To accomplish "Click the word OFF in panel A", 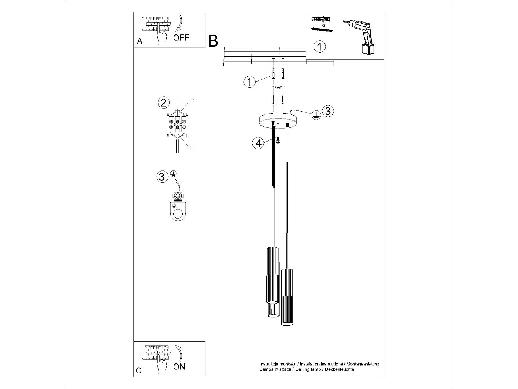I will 181,37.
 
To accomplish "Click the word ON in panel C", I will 179,366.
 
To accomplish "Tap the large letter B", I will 213,41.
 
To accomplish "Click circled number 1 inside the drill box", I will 320,47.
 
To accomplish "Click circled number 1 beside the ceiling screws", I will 250,82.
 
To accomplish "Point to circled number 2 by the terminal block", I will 164,103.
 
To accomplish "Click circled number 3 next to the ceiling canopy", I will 328,111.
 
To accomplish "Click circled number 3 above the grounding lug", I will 161,177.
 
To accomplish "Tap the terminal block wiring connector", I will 178,124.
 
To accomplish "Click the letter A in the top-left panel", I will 139,41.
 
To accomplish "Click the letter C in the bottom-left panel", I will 138,370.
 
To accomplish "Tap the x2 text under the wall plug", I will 323,25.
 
